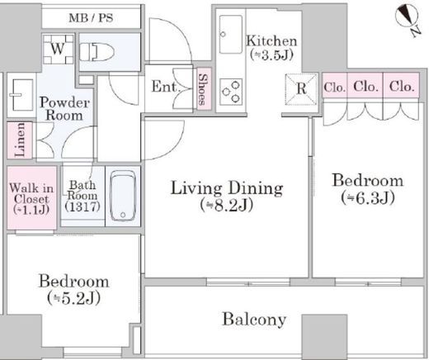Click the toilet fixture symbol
pos(97,52)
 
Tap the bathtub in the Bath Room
pos(123,196)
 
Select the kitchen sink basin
pos(231,35)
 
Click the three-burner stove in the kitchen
pos(231,92)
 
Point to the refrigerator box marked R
pos(301,89)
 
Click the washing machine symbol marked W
pos(58,50)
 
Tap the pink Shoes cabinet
pos(204,88)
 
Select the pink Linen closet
pos(20,140)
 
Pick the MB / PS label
pos(91,18)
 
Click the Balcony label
pos(254,320)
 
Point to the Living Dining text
pos(227,188)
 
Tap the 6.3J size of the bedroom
pos(368,198)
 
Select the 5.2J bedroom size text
pos(73,299)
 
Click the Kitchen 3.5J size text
pos(271,55)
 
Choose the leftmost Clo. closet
pos(335,85)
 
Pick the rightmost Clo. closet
pos(402,85)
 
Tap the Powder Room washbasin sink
pos(21,95)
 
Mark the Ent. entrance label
pos(165,87)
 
